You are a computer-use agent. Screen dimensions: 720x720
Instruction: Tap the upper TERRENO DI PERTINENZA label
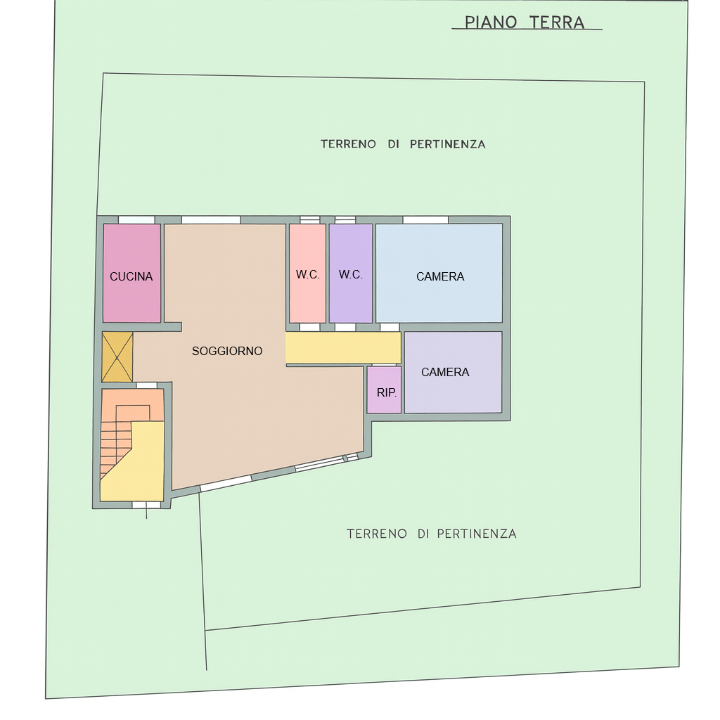[x=403, y=144]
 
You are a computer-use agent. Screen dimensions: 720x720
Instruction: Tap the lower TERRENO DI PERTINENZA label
[x=431, y=534]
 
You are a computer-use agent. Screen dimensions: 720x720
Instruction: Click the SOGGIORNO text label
[x=227, y=351]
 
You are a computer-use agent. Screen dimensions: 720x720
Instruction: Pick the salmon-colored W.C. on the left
[x=307, y=273]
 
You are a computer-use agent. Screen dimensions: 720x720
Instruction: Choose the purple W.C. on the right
[x=350, y=273]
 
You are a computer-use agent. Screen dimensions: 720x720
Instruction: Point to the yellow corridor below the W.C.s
[x=343, y=348]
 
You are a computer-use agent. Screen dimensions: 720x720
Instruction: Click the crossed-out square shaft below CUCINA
[x=117, y=357]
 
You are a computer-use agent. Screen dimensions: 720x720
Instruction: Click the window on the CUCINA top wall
[x=136, y=219]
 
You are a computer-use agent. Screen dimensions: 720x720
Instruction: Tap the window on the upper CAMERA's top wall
[x=425, y=219]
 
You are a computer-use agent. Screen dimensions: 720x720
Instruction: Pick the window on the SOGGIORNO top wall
[x=210, y=219]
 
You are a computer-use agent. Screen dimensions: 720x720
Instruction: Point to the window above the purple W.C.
[x=345, y=219]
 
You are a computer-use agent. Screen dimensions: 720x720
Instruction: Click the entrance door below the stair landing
[x=146, y=505]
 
